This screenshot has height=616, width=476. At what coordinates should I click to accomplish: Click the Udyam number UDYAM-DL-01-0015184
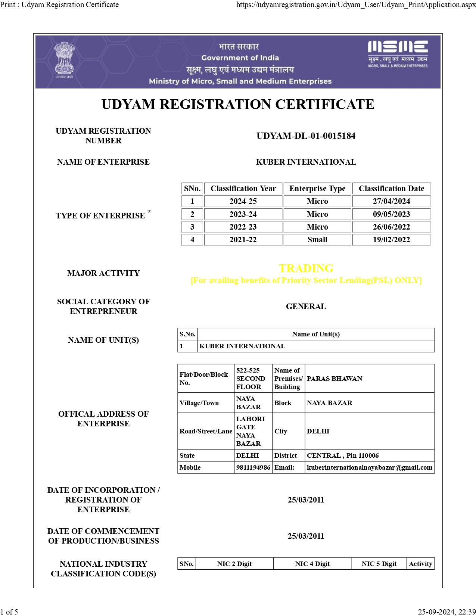click(306, 136)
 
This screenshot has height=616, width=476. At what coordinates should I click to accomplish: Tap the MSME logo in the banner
click(398, 54)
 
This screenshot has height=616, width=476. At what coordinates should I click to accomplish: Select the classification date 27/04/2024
click(391, 201)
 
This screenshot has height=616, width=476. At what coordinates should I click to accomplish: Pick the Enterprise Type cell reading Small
click(317, 240)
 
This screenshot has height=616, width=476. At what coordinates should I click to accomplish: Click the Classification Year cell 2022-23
click(243, 227)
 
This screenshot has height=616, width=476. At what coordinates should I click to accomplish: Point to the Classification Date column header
click(391, 189)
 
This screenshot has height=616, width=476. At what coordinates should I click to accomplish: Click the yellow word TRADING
click(306, 268)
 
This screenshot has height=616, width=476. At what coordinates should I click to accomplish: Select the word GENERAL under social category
click(306, 307)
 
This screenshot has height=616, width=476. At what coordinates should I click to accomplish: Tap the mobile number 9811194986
click(253, 467)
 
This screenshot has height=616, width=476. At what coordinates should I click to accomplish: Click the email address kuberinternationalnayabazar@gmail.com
click(370, 467)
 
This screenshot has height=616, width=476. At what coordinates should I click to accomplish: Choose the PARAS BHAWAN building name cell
click(335, 379)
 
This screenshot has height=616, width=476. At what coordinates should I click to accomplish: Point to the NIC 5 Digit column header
click(379, 564)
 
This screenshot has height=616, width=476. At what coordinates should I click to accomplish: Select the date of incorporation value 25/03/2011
click(306, 500)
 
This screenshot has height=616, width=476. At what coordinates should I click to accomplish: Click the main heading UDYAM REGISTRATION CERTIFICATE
click(238, 105)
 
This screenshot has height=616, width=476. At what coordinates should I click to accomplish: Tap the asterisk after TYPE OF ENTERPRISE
click(149, 212)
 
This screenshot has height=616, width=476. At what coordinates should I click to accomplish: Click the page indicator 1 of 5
click(9, 612)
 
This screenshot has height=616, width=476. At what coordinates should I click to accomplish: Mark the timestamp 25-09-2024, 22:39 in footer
click(447, 612)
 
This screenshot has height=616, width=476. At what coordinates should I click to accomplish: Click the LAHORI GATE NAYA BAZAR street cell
click(250, 431)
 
